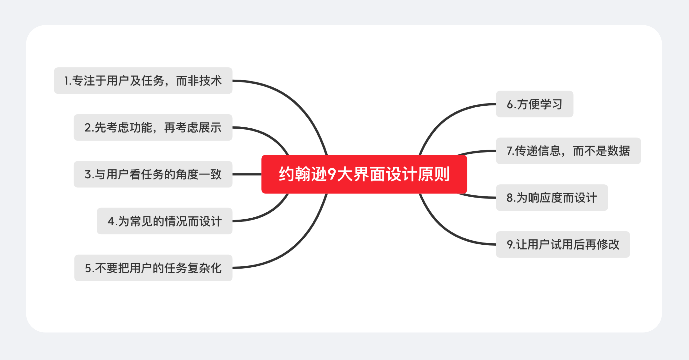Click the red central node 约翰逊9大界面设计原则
click(x=364, y=174)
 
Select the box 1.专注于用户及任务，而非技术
click(x=143, y=81)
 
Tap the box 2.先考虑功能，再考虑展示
click(x=153, y=127)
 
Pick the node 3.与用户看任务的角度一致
click(x=153, y=174)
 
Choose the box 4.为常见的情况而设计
click(x=164, y=221)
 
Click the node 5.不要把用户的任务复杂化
click(x=153, y=268)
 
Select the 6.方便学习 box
click(x=534, y=104)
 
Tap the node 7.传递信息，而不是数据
click(x=568, y=151)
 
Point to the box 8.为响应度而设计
click(x=552, y=198)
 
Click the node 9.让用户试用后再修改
click(x=563, y=244)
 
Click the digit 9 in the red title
click(x=332, y=174)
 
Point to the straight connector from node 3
click(x=247, y=174)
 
